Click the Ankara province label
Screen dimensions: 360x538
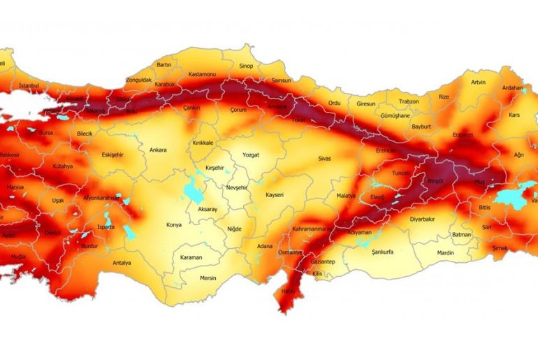click(x=158, y=149)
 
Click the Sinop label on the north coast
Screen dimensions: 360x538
click(x=246, y=66)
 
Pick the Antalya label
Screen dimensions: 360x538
click(x=122, y=264)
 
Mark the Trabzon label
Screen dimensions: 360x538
click(x=408, y=101)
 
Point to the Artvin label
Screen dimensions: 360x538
click(x=478, y=82)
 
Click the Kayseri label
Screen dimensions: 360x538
click(x=275, y=195)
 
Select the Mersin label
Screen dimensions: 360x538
click(x=208, y=278)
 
